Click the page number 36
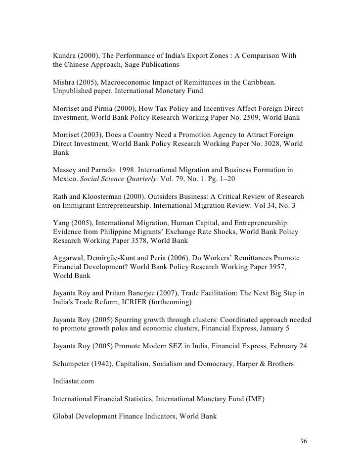coord(304,441)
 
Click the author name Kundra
coord(65,55)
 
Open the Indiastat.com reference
coord(74,381)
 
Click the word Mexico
coord(64,180)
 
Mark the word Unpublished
coord(72,91)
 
